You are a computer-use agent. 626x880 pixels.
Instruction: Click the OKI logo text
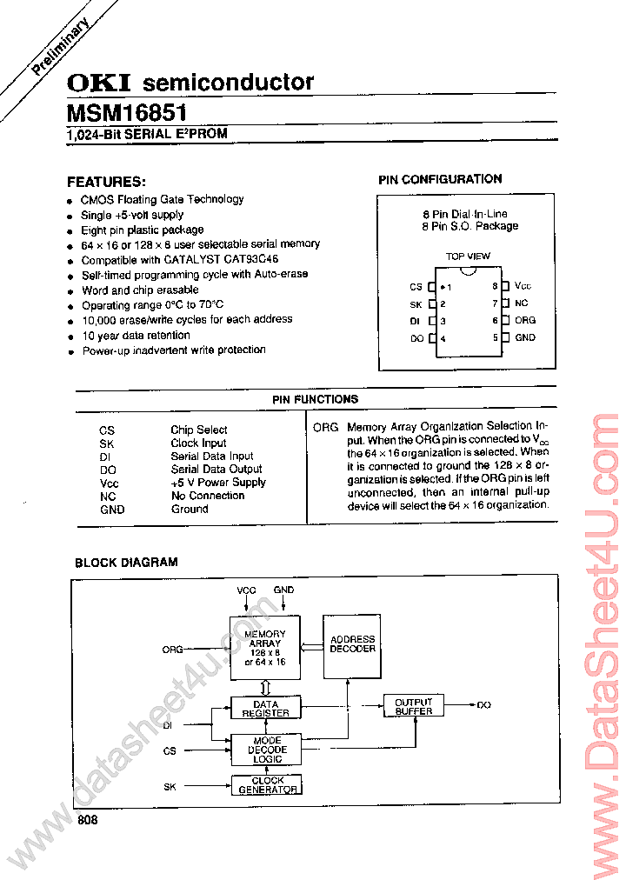click(x=99, y=83)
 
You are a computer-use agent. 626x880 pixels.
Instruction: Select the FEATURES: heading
click(x=106, y=182)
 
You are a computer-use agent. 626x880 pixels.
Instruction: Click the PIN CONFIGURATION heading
click(x=440, y=179)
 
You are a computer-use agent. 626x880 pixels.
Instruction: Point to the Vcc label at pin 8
click(x=523, y=286)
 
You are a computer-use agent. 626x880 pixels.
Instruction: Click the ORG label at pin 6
click(x=525, y=320)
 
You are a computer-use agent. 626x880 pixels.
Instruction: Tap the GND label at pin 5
click(x=525, y=337)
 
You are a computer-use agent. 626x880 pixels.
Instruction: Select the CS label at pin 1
click(x=416, y=287)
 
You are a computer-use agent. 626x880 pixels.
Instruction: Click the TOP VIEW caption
click(x=468, y=257)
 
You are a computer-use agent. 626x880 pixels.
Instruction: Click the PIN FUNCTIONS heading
click(x=315, y=399)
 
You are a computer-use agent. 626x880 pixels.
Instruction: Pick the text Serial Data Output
click(x=216, y=469)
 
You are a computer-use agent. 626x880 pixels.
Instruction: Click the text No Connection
click(x=208, y=496)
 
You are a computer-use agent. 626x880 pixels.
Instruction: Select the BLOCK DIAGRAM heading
click(x=126, y=563)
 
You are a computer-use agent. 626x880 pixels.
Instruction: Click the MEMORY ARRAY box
click(x=264, y=648)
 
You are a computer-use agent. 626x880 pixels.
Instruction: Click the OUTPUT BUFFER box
click(x=414, y=706)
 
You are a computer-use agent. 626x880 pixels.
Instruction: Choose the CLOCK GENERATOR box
click(x=268, y=784)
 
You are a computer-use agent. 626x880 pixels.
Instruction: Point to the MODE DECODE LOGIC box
click(x=266, y=750)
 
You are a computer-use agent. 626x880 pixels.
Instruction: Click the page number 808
click(x=87, y=819)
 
